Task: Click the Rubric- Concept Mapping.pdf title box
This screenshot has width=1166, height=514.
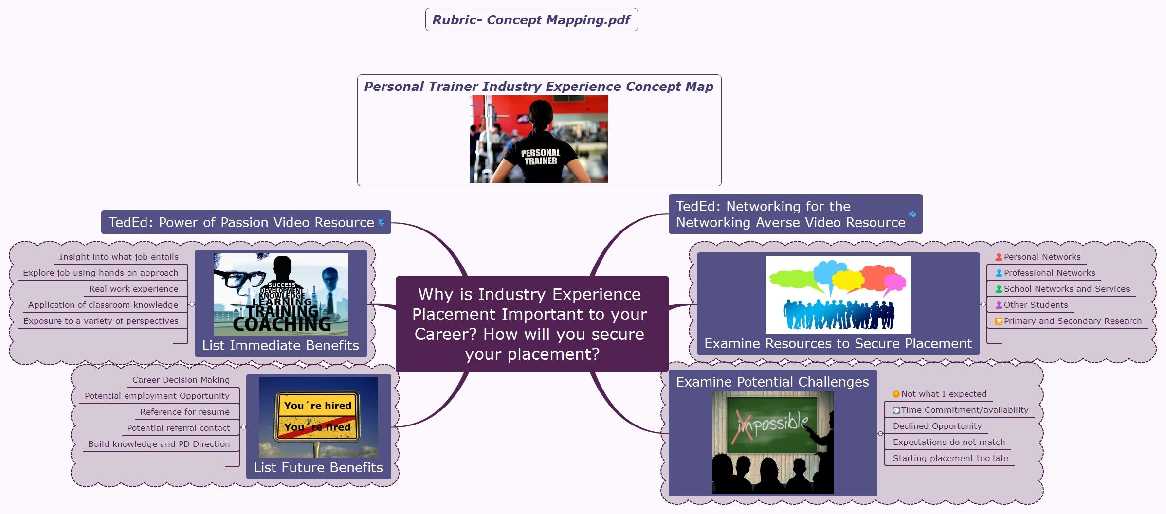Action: click(x=531, y=20)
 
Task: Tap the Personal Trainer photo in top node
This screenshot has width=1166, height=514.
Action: click(x=538, y=139)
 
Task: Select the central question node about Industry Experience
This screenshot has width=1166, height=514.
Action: click(x=531, y=324)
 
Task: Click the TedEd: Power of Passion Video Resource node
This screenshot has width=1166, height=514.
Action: click(x=241, y=222)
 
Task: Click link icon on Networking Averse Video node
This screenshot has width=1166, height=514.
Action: click(x=912, y=214)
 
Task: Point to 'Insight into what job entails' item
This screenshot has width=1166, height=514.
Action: click(x=119, y=257)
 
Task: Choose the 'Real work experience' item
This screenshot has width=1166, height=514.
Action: click(x=133, y=289)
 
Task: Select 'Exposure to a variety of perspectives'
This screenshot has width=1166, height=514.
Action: click(x=101, y=321)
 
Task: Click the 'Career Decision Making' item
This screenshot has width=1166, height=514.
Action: click(x=181, y=380)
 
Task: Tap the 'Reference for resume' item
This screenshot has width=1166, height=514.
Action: click(x=184, y=412)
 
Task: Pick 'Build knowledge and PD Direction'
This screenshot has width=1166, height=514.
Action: click(x=159, y=444)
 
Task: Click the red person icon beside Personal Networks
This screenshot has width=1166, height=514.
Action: click(x=999, y=257)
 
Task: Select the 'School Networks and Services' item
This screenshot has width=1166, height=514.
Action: click(x=1066, y=289)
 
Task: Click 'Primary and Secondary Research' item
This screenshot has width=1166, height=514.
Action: click(x=1072, y=321)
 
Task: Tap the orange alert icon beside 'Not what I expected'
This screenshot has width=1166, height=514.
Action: click(x=896, y=394)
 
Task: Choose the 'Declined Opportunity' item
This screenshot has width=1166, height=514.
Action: click(x=937, y=426)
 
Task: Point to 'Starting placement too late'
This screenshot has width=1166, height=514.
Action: click(x=950, y=458)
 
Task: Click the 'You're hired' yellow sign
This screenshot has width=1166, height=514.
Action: click(x=317, y=406)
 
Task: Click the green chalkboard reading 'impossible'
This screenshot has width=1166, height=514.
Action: click(x=772, y=423)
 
